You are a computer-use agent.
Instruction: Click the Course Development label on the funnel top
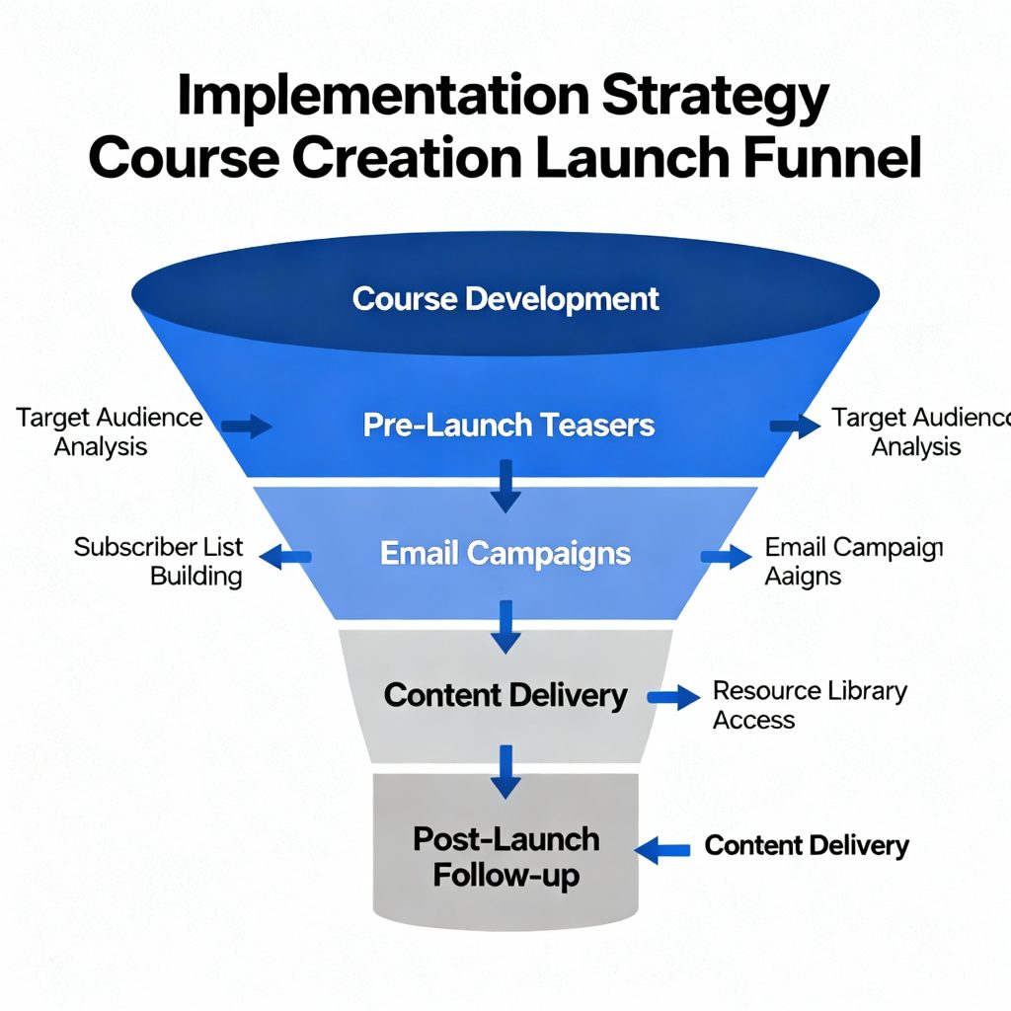click(505, 298)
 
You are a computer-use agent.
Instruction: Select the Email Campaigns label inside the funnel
click(505, 553)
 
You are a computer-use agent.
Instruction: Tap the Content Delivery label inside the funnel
click(505, 695)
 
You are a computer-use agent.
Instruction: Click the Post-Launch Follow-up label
click(505, 857)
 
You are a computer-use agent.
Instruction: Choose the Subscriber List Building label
click(159, 561)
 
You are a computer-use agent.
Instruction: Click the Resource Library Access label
click(809, 704)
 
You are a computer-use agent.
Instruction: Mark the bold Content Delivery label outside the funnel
click(807, 845)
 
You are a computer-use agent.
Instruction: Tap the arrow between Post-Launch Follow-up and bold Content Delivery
click(662, 847)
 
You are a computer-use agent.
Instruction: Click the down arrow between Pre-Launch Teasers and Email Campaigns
click(505, 486)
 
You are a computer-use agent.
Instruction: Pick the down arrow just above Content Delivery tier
click(505, 626)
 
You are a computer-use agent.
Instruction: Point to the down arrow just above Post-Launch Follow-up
click(505, 770)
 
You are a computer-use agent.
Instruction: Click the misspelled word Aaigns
click(803, 576)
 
